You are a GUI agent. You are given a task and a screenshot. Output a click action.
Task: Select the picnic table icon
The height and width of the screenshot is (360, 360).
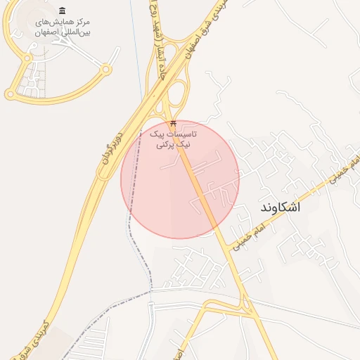tap(174, 124)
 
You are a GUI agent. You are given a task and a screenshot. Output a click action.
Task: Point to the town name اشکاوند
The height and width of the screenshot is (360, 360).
tap(280, 207)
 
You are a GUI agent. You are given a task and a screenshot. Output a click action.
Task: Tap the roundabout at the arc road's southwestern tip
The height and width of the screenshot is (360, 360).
tap(10, 94)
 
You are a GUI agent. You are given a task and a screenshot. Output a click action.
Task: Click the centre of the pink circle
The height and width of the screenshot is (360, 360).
tap(180, 179)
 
